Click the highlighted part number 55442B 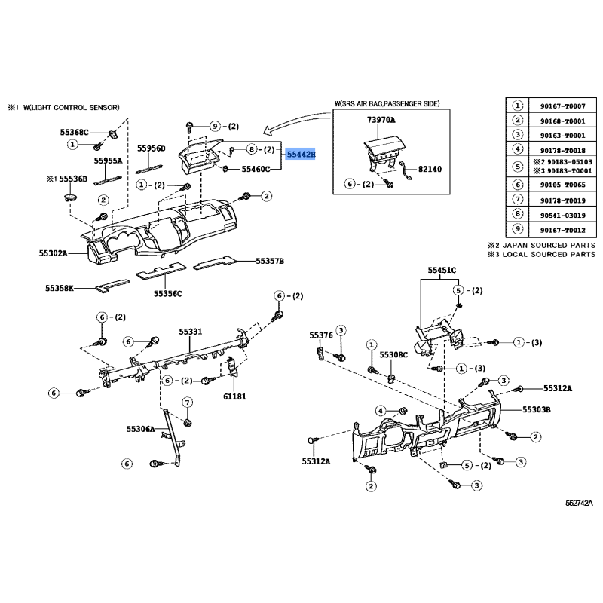coord(301,154)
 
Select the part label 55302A coord(54,253)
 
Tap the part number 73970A coord(381,121)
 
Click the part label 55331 coord(191,332)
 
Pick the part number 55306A coord(140,429)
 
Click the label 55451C coord(442,270)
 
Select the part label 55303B coord(537,409)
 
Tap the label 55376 coord(321,335)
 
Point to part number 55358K coord(60,288)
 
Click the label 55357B coord(270,262)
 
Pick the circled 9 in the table coord(517,231)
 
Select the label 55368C coord(75,132)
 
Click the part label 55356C coord(168,293)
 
